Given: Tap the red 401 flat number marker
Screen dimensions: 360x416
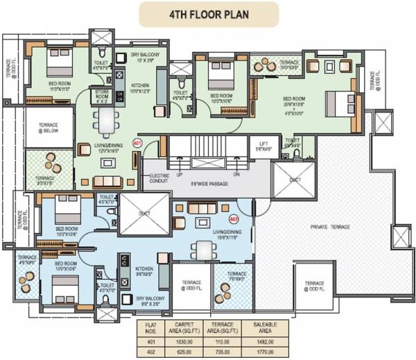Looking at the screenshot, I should pos(137,144).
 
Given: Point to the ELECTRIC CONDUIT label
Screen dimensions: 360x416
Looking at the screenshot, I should pos(159,179).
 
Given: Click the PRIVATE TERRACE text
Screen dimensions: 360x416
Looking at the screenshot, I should pos(330,227).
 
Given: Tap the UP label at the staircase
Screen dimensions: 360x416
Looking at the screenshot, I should pos(178,176).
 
